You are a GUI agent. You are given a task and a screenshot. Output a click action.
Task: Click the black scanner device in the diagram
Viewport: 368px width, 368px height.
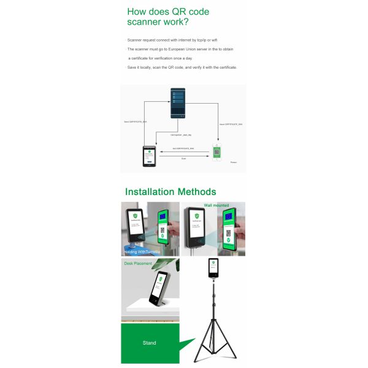tap(149, 155)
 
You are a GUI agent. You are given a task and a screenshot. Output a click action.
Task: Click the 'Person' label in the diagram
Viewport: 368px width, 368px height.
tap(233, 163)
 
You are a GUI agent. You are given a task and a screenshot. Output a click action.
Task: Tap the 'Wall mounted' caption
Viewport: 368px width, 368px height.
tap(216, 205)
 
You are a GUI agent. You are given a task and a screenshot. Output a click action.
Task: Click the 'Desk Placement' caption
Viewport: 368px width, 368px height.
tap(137, 264)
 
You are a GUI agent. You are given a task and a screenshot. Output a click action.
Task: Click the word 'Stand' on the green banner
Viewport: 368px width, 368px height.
tap(149, 343)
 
